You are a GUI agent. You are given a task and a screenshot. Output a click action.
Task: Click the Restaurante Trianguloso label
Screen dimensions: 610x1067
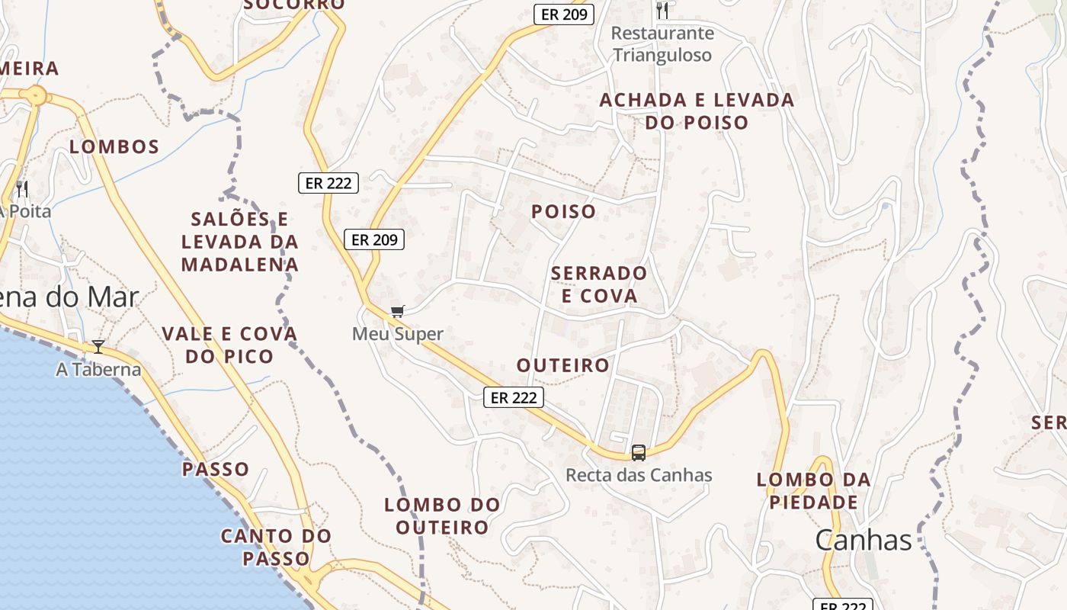[662, 44]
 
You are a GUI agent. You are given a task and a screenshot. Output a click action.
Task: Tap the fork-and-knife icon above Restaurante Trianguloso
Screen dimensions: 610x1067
[662, 11]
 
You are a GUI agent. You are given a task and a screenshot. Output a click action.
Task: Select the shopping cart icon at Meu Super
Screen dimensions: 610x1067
[397, 311]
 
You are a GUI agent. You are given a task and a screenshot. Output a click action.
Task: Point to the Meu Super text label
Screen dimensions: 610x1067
[397, 334]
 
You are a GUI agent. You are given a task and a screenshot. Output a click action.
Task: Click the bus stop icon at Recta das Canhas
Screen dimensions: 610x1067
[639, 452]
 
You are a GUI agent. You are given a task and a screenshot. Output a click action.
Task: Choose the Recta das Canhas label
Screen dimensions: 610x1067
[639, 475]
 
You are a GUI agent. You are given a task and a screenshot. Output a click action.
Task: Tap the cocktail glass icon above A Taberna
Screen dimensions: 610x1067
[98, 347]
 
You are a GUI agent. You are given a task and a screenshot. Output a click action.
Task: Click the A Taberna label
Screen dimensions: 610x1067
[98, 370]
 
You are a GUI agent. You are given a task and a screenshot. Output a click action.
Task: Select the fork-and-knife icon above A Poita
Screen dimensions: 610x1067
[22, 188]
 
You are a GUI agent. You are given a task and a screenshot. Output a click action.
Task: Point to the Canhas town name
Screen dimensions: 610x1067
[863, 541]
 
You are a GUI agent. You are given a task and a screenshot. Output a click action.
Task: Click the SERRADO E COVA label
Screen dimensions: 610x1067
[598, 284]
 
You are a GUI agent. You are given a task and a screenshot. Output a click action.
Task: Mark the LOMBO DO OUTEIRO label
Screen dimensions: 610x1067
[442, 516]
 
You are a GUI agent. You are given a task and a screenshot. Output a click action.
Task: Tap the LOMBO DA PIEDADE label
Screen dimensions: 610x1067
[813, 491]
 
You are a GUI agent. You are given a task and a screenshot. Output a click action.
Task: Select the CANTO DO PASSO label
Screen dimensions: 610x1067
[276, 547]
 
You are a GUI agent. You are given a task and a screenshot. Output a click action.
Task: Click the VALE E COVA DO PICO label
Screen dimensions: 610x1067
[229, 345]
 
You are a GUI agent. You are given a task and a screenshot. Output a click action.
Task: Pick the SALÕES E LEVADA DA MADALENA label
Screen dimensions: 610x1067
[239, 242]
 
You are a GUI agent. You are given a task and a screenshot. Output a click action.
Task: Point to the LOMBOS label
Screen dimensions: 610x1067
[114, 147]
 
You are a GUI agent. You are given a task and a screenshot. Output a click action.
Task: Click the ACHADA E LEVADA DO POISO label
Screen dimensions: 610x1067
[697, 111]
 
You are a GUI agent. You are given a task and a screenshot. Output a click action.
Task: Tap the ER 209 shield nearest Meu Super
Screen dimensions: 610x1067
[373, 239]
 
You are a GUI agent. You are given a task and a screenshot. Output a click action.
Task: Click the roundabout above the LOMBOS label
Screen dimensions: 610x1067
[35, 96]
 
